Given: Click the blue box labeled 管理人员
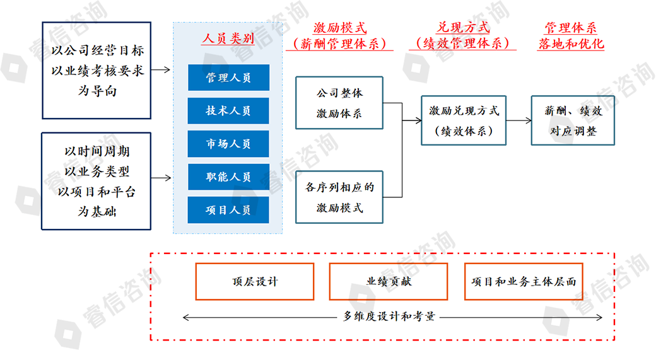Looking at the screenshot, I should tap(228, 78).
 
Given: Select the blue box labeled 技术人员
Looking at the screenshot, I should tap(228, 110).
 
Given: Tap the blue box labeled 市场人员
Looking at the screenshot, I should tap(228, 144).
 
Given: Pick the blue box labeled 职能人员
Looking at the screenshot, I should tap(228, 177).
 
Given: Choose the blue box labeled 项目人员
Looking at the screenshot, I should tap(228, 209).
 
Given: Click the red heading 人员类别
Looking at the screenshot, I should tap(228, 38).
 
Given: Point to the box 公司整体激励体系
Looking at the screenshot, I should tap(339, 103).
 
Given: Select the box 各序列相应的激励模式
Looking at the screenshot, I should tap(339, 197).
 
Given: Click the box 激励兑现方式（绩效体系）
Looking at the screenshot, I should tap(464, 120).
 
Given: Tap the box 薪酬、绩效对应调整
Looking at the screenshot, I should tap(573, 120).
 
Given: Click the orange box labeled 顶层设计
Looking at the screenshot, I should tap(255, 281).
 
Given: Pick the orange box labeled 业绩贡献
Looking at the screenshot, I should tap(389, 281).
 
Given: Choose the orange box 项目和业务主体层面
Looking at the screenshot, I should tap(524, 281).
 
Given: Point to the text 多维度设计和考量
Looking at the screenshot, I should tap(389, 316).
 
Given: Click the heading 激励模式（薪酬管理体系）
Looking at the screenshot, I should tap(339, 36).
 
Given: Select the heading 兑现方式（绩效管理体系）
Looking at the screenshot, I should tap(463, 36).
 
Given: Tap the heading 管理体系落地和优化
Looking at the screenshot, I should tap(571, 36).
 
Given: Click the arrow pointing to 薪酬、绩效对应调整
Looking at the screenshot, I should tap(518, 120).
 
